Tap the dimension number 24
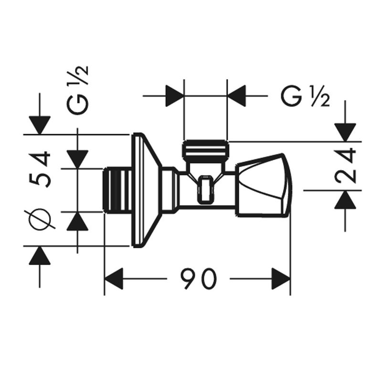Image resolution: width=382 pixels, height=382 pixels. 345,166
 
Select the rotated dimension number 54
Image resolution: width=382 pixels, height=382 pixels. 40,170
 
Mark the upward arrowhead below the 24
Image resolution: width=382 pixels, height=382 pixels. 345,200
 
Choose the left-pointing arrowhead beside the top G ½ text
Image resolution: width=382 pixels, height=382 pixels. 236,96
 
